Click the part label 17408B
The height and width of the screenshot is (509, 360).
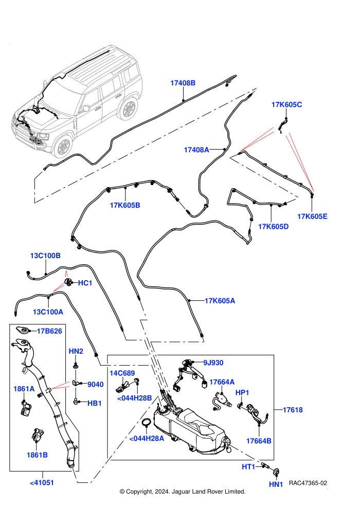click(x=183, y=83)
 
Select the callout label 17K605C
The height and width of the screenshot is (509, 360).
click(x=286, y=104)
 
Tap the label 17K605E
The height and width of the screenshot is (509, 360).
click(x=312, y=216)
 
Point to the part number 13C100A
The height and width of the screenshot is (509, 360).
click(x=48, y=312)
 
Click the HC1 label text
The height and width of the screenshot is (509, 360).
click(x=85, y=283)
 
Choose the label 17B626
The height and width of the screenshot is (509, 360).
click(x=49, y=331)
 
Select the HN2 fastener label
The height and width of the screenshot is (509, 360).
click(x=76, y=351)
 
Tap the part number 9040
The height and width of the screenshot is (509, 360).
click(x=96, y=385)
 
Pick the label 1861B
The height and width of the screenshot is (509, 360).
click(x=37, y=455)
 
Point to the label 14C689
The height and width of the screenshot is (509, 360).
click(x=122, y=373)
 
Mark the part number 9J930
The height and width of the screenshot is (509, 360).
click(x=213, y=362)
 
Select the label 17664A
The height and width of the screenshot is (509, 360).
click(x=222, y=382)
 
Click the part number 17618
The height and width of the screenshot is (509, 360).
click(x=293, y=410)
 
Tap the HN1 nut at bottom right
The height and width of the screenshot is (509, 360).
click(x=277, y=471)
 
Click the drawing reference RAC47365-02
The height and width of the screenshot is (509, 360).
click(x=308, y=483)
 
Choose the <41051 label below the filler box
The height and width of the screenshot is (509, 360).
click(x=42, y=483)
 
